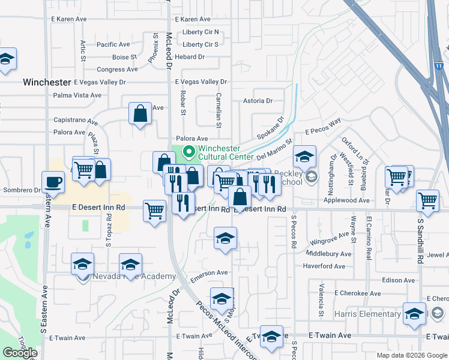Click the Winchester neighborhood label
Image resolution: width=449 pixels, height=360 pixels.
point(47,82)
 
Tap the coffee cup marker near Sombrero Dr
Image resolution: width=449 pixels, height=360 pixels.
point(53,182)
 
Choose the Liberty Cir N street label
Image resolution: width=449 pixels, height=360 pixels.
point(200,32)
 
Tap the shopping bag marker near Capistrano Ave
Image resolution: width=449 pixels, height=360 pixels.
point(140,113)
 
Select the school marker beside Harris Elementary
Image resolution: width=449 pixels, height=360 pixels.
point(414,314)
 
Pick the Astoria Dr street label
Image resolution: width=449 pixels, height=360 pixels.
point(258,101)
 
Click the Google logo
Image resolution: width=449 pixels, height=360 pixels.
point(20,353)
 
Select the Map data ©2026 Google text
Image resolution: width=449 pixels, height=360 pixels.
point(411,355)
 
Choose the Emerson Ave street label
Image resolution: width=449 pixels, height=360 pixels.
point(209,272)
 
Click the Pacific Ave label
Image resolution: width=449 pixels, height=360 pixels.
point(113,44)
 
